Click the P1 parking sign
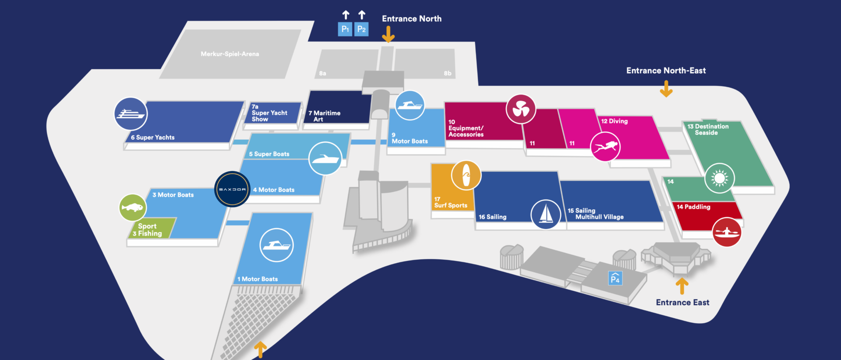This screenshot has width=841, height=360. click(x=345, y=29)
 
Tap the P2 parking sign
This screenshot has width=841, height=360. click(x=361, y=29)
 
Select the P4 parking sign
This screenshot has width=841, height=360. click(x=615, y=279)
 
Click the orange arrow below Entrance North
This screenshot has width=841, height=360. click(x=388, y=34)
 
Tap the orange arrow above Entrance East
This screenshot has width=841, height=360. click(x=682, y=286)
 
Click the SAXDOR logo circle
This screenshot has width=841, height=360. click(x=232, y=189)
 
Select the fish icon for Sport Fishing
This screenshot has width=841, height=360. click(x=133, y=207)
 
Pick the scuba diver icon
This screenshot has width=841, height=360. click(x=605, y=146)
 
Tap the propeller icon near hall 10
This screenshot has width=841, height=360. click(x=521, y=109)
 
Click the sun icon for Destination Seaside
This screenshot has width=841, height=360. click(x=719, y=178)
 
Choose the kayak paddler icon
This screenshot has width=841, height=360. click(x=727, y=232)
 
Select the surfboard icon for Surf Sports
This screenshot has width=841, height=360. click(x=466, y=175)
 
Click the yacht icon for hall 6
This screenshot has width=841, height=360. click(x=131, y=114)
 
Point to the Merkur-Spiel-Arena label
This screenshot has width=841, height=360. click(x=230, y=54)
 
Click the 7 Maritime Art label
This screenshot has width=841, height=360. click(x=324, y=116)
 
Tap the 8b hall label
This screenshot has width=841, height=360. click(x=447, y=73)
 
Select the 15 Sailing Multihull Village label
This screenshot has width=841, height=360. click(x=596, y=214)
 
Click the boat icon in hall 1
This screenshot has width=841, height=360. click(x=276, y=245)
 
